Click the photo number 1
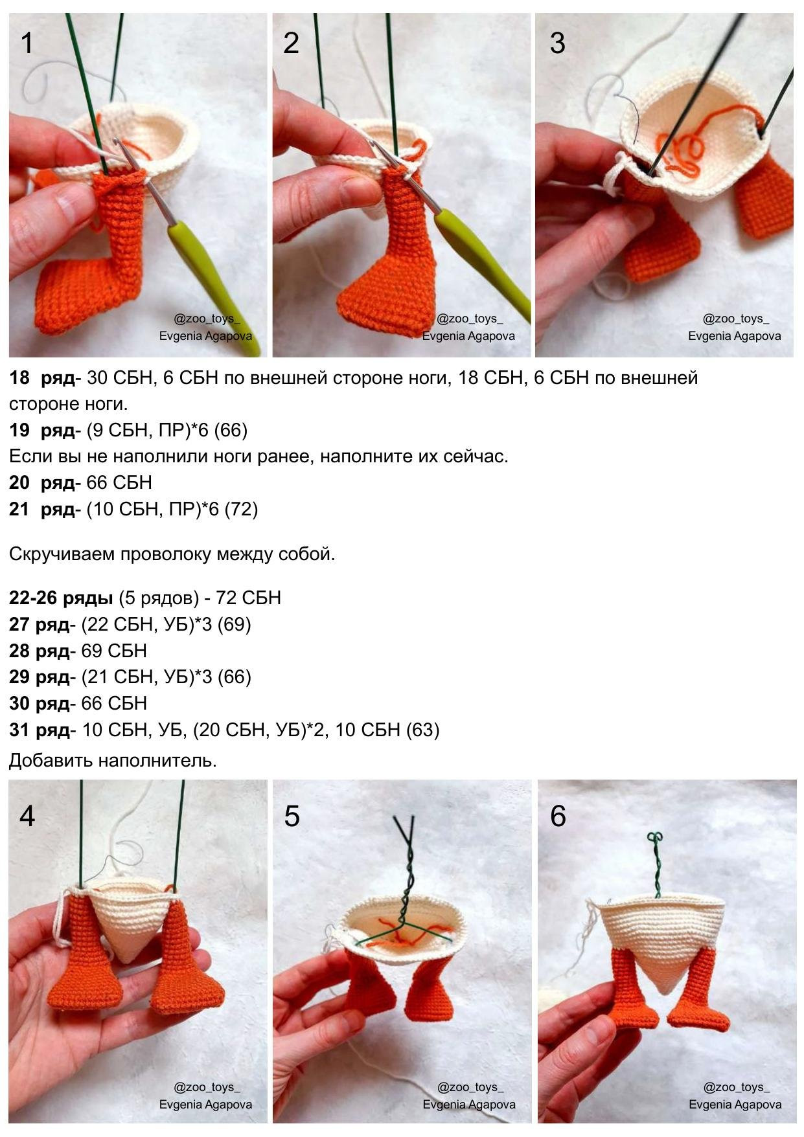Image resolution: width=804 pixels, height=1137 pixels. click(27, 43)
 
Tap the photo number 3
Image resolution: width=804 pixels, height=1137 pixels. click(557, 43)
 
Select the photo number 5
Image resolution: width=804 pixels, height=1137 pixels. click(292, 816)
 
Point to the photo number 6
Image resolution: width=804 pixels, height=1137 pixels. click(558, 816)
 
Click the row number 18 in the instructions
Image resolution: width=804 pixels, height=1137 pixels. click(19, 377)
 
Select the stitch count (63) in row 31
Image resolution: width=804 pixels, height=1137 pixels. click(422, 730)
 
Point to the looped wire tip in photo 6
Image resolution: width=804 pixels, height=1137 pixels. click(656, 838)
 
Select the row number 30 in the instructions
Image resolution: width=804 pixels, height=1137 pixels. click(19, 703)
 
